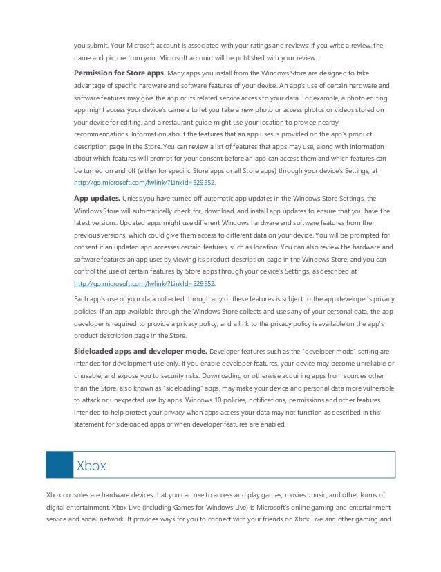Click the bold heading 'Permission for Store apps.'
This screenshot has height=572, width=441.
(x=117, y=73)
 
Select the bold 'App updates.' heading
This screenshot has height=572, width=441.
(x=97, y=197)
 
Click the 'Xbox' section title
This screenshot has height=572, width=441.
(x=92, y=465)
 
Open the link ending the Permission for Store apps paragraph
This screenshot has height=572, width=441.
(x=144, y=182)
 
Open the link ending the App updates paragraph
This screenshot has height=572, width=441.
(x=144, y=284)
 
